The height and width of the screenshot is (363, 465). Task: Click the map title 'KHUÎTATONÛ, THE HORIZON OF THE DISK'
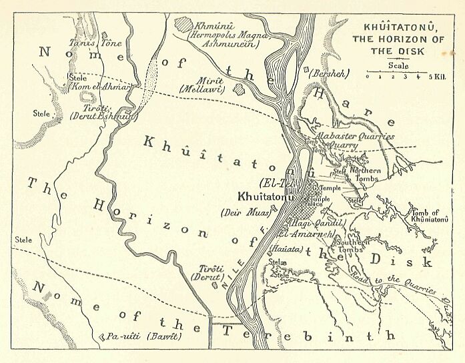point(403,39)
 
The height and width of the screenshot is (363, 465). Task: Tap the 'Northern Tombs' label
point(365,174)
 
